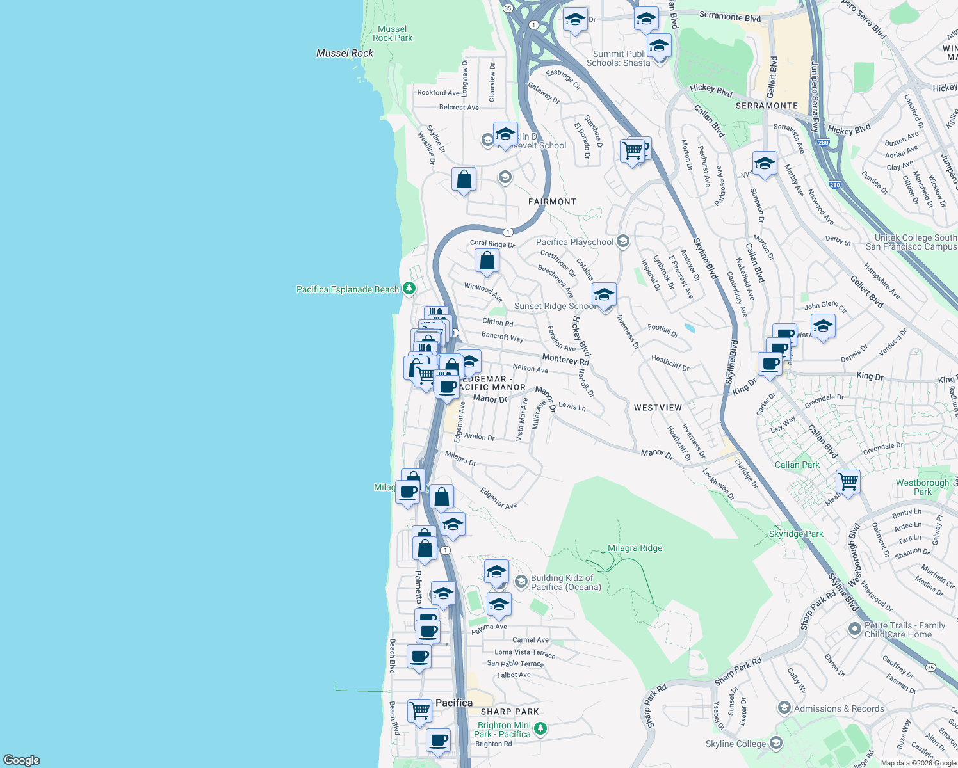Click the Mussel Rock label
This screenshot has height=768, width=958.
[x=345, y=53]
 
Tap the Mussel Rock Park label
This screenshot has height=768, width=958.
[x=393, y=34]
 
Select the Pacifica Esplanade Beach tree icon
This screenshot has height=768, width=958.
[x=409, y=289]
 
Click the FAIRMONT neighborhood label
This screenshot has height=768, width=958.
[x=552, y=202]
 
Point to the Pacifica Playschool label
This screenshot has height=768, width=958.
[x=574, y=242]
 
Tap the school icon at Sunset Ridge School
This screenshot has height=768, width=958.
[x=604, y=295]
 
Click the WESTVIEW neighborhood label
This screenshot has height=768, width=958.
[x=658, y=408]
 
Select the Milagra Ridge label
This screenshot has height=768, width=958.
[x=635, y=548]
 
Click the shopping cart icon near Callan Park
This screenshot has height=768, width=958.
[x=848, y=481]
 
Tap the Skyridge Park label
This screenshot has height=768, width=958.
[x=796, y=534]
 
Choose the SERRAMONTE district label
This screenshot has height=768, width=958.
[x=767, y=106]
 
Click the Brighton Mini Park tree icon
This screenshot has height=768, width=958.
[x=540, y=729]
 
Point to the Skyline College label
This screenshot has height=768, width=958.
[x=736, y=744]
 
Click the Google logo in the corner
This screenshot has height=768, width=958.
[x=22, y=760]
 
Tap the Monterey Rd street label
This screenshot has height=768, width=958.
[x=565, y=360]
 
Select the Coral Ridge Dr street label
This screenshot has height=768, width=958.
[x=492, y=244]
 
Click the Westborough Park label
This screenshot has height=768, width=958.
[x=922, y=487]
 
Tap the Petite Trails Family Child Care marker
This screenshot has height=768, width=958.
[x=854, y=628]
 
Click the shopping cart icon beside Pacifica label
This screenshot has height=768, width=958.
[x=419, y=710]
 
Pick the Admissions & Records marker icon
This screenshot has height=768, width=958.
[x=784, y=708]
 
